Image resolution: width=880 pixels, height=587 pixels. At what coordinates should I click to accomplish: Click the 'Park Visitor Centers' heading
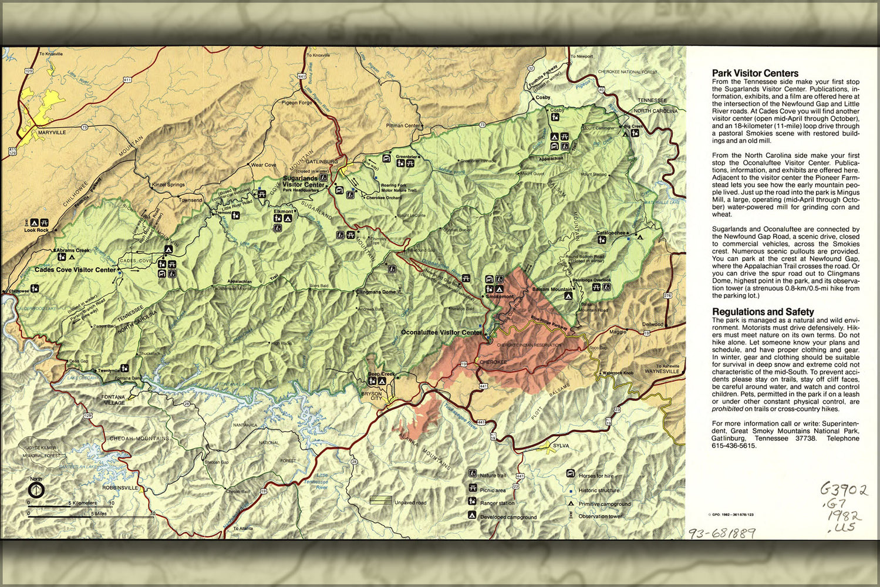click(x=755, y=73)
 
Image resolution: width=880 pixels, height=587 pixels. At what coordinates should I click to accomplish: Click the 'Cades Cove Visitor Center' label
click(x=75, y=270)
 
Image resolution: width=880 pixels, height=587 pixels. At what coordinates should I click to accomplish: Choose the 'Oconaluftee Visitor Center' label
click(x=441, y=332)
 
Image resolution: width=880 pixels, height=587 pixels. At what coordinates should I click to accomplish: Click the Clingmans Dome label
click(x=376, y=292)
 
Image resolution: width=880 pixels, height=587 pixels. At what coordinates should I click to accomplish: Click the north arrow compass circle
click(x=36, y=488)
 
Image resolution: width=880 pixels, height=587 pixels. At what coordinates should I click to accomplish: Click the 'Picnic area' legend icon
click(x=472, y=488)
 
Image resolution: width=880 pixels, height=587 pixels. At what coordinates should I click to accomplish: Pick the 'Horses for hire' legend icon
click(x=570, y=474)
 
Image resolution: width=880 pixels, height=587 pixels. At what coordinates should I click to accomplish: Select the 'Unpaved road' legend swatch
click(x=380, y=501)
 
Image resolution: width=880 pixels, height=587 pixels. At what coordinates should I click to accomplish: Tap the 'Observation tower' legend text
click(x=599, y=517)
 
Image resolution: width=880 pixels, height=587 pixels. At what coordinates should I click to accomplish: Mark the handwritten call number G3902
click(x=843, y=490)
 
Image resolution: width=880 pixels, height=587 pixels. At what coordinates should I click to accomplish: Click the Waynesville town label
click(x=661, y=372)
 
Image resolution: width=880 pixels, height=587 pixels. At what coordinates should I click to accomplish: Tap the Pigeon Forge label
click(x=296, y=102)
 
